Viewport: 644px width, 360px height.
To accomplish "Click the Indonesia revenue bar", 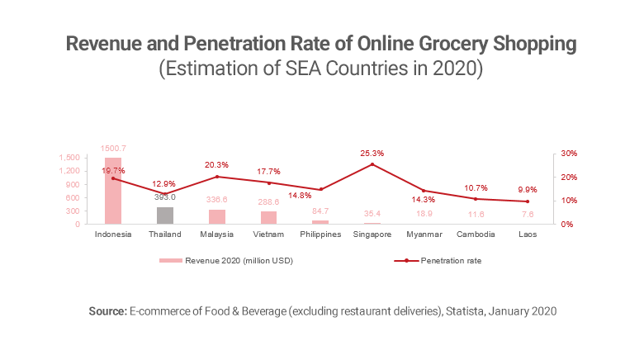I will (x=113, y=191).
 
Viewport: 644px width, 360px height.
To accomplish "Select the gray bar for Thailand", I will (x=165, y=216).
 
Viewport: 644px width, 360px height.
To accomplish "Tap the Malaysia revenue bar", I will (x=216, y=216).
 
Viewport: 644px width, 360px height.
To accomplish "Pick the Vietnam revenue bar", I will (x=268, y=217).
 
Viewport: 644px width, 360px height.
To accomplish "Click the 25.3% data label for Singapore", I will (x=372, y=154).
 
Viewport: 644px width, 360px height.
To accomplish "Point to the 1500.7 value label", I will (x=113, y=149).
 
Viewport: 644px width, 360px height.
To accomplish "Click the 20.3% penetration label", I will (x=217, y=165).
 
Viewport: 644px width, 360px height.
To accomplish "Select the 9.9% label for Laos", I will (x=528, y=188).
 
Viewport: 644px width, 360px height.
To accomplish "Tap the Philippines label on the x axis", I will (x=320, y=234).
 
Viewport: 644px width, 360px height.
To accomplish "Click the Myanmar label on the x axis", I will (x=424, y=234).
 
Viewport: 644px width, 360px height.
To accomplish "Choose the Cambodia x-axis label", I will (x=476, y=234).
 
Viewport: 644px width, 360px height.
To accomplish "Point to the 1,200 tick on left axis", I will (x=69, y=171).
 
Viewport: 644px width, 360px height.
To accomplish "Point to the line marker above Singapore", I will (x=372, y=164).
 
